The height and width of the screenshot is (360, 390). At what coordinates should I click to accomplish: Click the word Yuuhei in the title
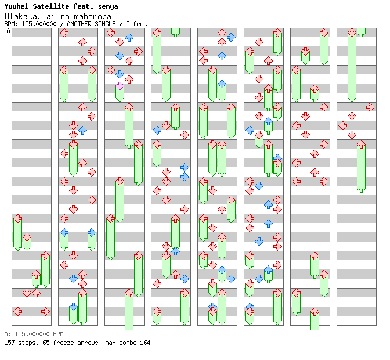click(16, 6)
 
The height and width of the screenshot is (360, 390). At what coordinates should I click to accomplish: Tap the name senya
click(107, 6)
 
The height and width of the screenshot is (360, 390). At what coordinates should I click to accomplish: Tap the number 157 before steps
click(9, 343)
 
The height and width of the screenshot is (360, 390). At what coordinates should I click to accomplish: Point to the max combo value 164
click(145, 343)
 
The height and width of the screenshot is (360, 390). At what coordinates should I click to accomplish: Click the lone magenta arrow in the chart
click(120, 85)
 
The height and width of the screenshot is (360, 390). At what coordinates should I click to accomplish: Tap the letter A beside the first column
click(8, 31)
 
